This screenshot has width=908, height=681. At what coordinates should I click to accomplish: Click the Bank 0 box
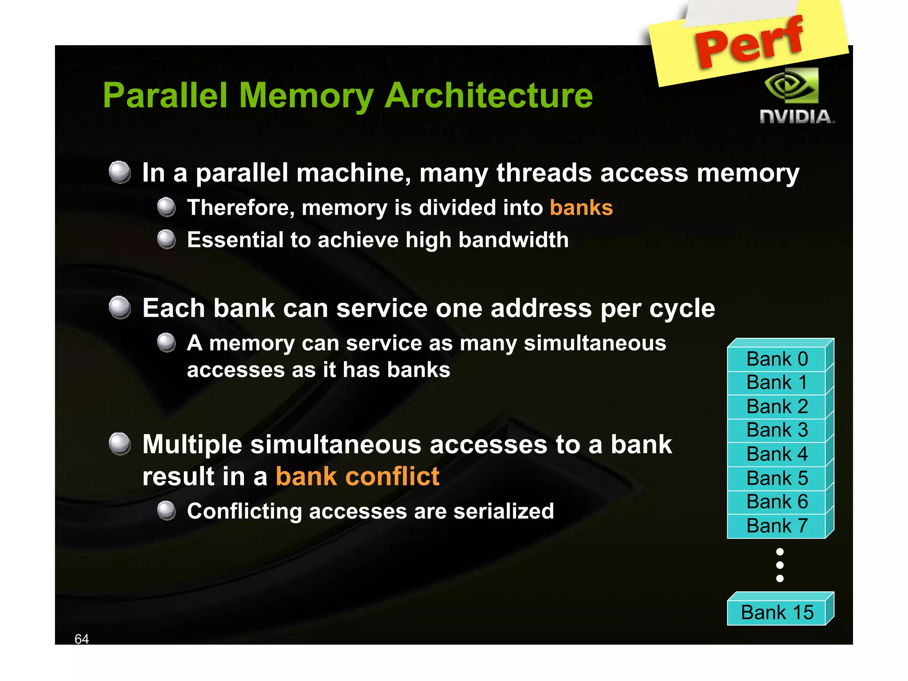tap(777, 359)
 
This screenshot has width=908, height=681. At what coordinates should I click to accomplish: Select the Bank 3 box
tap(777, 430)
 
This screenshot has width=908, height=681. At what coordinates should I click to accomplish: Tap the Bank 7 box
tap(777, 526)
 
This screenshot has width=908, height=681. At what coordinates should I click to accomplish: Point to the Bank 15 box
tap(777, 613)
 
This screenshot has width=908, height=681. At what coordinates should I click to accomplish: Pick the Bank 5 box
tap(777, 478)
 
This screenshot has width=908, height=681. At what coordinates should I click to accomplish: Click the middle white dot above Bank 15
tap(780, 565)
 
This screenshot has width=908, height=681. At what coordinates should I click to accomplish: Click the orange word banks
tap(581, 208)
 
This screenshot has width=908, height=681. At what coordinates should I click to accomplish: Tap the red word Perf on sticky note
tap(749, 42)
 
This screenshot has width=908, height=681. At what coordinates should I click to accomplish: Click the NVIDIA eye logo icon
tap(792, 86)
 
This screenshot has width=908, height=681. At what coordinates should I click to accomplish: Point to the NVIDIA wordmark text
tap(797, 117)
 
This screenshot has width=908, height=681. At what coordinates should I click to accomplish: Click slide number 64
tap(82, 639)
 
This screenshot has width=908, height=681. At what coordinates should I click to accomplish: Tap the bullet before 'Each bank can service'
tap(120, 308)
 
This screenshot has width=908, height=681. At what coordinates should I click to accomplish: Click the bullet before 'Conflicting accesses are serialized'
tap(167, 511)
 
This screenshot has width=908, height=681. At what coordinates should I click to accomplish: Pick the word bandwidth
tap(513, 240)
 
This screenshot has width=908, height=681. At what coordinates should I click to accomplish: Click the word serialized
tap(503, 511)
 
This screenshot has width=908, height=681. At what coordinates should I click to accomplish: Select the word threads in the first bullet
tap(544, 173)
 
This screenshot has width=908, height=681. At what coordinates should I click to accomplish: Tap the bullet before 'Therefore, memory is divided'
tap(167, 207)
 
